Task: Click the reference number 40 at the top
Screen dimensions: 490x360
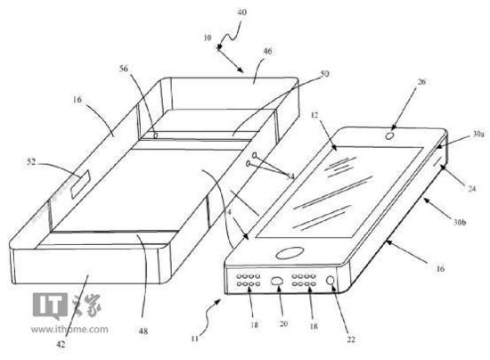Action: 241,12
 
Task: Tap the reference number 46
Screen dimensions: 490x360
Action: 267,51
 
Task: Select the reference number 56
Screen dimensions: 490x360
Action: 124,69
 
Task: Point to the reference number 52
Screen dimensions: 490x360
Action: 31,162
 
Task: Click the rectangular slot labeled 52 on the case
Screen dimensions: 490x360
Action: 80,184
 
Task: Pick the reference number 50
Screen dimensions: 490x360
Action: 324,74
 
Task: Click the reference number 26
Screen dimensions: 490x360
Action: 421,82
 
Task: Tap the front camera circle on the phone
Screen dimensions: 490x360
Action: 389,136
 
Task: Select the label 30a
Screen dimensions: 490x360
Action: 478,134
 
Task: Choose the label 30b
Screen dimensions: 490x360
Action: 460,222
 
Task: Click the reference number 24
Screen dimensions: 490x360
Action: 471,188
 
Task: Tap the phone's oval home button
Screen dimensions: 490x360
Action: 290,253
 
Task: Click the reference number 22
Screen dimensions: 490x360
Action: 351,340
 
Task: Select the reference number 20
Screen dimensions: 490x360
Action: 283,323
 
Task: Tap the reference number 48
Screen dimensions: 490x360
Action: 143,331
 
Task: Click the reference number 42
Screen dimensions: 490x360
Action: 61,344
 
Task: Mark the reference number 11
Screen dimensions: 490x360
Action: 195,339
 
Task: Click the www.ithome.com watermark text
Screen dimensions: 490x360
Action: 69,329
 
